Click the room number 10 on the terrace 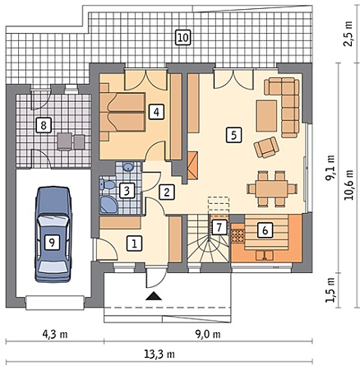[183, 37]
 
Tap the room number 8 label [43, 126]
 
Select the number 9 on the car [52, 243]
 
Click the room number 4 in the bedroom [156, 112]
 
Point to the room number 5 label [233, 135]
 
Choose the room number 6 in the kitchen [265, 230]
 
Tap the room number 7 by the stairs [219, 227]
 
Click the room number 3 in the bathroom [127, 191]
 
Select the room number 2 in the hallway [167, 192]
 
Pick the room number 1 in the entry [134, 243]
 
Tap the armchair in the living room [266, 147]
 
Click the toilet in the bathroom [108, 185]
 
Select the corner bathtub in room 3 [108, 204]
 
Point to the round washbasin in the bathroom [128, 167]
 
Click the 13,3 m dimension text [159, 354]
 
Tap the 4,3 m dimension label [55, 334]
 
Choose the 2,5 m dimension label [348, 34]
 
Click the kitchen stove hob [238, 235]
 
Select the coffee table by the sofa [266, 116]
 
